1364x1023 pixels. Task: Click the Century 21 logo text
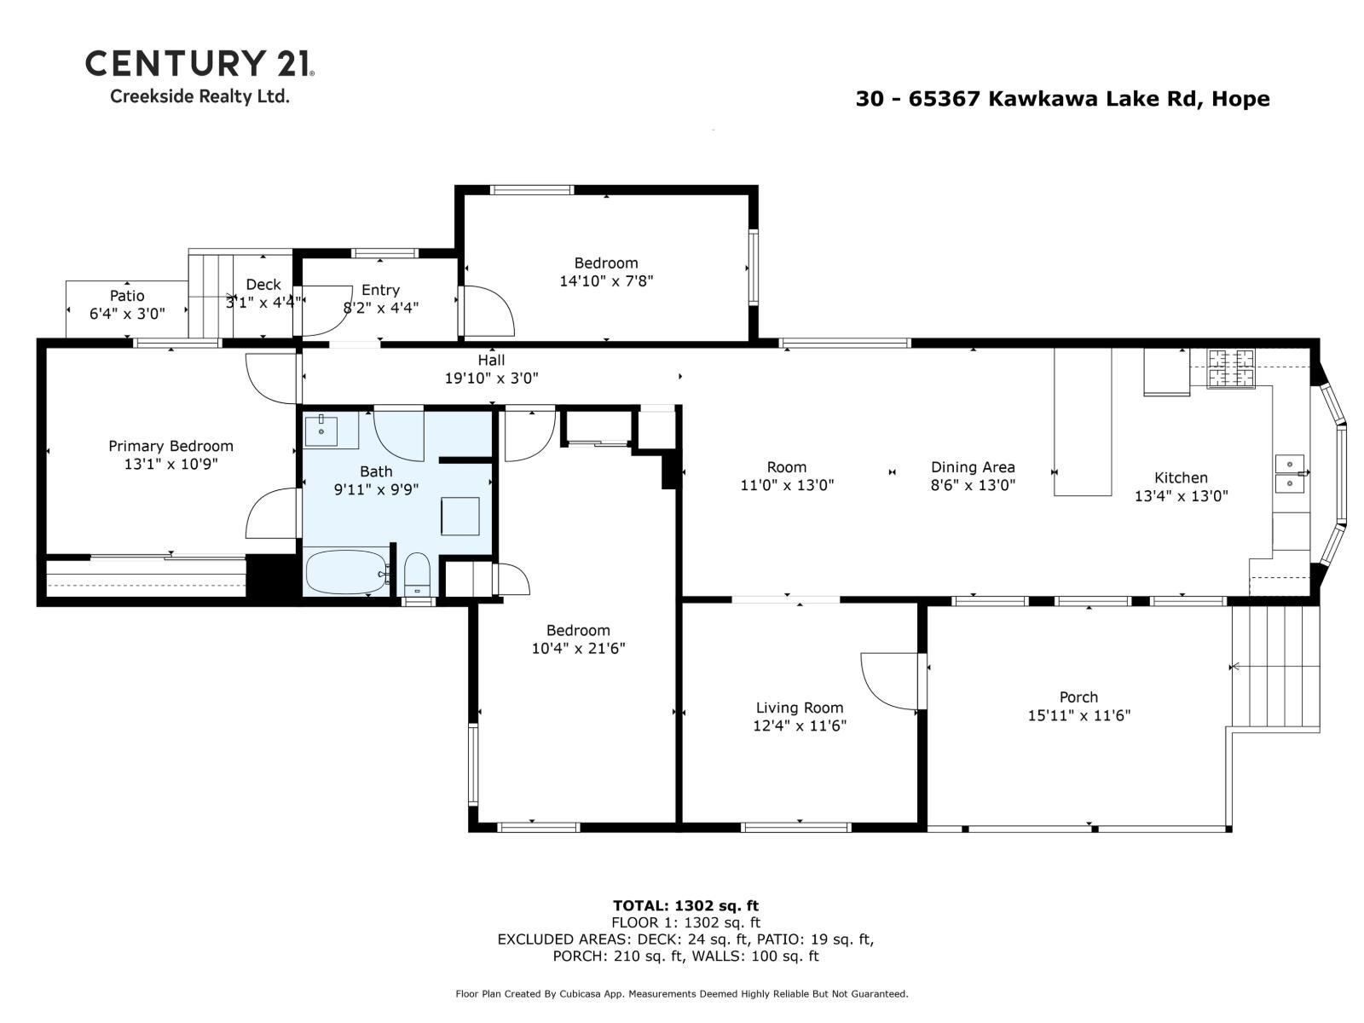(x=199, y=63)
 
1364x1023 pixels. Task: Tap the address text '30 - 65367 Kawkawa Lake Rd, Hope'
(x=1062, y=99)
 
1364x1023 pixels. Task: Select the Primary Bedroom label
(x=170, y=446)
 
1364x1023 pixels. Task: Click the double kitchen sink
(x=1289, y=474)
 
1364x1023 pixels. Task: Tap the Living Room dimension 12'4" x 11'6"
(x=800, y=725)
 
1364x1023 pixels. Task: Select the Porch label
(x=1078, y=697)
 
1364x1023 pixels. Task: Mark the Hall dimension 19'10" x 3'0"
(x=491, y=378)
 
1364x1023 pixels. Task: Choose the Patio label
(x=127, y=296)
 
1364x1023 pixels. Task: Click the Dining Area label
(x=973, y=467)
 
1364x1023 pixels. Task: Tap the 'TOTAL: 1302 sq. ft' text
(x=685, y=905)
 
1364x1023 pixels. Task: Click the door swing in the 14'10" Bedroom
(x=488, y=311)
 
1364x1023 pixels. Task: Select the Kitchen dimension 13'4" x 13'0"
(x=1181, y=495)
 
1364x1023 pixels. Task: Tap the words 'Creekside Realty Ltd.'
(x=199, y=96)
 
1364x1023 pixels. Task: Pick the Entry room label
(x=380, y=290)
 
